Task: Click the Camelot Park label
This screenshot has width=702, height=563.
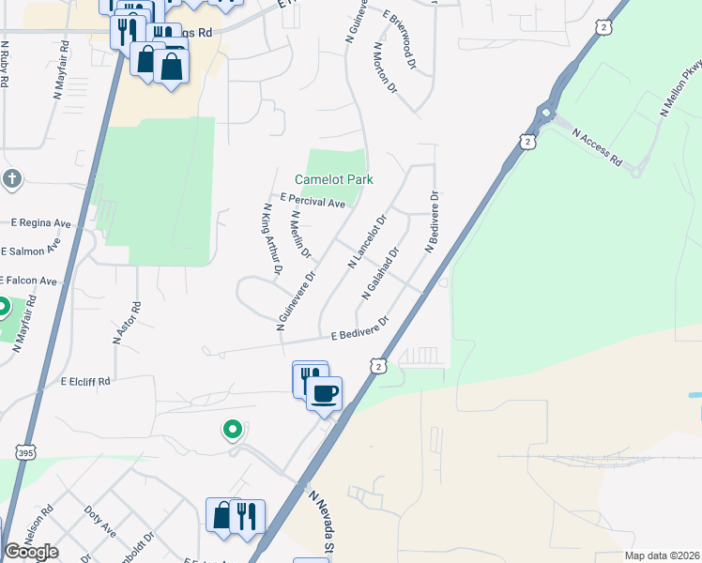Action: [x=334, y=179]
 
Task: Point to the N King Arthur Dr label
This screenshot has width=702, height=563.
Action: [x=273, y=239]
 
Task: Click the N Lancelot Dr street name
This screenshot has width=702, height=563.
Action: [x=368, y=242]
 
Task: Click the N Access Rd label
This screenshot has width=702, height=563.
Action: [x=596, y=148]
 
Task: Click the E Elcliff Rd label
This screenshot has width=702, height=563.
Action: [x=85, y=382]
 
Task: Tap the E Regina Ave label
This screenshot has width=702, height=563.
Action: [x=41, y=223]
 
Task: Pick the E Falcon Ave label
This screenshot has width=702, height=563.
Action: [x=29, y=281]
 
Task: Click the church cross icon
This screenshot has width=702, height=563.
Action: [x=11, y=178]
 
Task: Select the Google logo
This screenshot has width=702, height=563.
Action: [x=30, y=552]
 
